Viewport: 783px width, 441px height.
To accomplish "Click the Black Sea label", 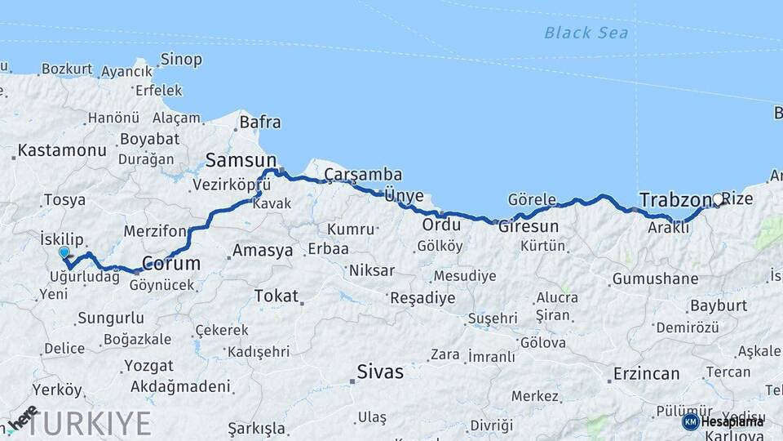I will pos(586,33).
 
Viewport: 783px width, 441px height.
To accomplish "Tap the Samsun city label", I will pos(241,159).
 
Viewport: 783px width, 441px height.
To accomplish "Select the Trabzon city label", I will pos(675,199).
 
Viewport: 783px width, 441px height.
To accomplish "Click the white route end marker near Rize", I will pos(718,198).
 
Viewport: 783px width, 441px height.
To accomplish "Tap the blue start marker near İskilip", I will pos(64,253).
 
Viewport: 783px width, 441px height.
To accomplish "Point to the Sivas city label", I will pos(379,372).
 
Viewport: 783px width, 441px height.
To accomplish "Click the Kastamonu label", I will pos(62,150).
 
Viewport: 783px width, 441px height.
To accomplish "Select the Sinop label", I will pos(181,60).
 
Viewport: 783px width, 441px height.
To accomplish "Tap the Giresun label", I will pos(529,226).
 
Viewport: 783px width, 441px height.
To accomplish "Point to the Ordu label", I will pos(442,225).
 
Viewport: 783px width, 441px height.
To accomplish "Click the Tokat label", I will pos(276,296).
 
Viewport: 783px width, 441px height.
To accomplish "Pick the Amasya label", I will pos(263,251).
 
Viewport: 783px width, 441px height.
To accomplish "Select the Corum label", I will pos(171,263).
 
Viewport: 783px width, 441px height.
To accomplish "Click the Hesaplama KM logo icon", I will pos(691,421).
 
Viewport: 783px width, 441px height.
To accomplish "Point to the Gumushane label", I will pos(655,279).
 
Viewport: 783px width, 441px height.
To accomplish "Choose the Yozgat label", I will pos(148,366).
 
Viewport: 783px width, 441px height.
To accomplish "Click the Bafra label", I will pos(259,122).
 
